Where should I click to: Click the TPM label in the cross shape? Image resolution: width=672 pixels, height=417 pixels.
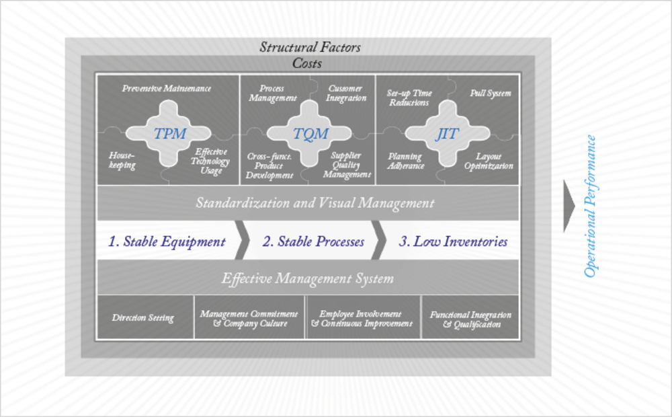pyautogui.click(x=170, y=133)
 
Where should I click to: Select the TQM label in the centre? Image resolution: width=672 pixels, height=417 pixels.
pyautogui.click(x=310, y=133)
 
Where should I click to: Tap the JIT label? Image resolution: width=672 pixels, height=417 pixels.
pyautogui.click(x=448, y=133)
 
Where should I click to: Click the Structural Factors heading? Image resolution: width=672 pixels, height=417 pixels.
pyautogui.click(x=310, y=47)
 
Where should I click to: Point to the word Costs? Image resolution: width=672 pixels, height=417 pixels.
pyautogui.click(x=307, y=63)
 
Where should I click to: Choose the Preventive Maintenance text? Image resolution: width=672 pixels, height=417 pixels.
pyautogui.click(x=166, y=88)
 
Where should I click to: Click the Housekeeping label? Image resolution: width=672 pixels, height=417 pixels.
pyautogui.click(x=122, y=160)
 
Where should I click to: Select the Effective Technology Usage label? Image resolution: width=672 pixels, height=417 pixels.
pyautogui.click(x=210, y=161)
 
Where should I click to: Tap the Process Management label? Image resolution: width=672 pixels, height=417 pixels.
pyautogui.click(x=272, y=93)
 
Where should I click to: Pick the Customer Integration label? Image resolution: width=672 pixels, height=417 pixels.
pyautogui.click(x=346, y=93)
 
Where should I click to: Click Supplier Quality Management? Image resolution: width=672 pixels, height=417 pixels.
pyautogui.click(x=346, y=165)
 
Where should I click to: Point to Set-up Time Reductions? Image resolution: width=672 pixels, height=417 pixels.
pyautogui.click(x=409, y=98)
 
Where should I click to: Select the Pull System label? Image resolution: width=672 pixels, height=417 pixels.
pyautogui.click(x=491, y=93)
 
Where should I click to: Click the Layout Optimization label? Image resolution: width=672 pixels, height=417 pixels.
pyautogui.click(x=489, y=161)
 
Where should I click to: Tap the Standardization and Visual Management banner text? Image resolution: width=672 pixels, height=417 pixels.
pyautogui.click(x=315, y=202)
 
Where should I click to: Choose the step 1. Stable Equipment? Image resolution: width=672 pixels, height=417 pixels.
pyautogui.click(x=167, y=241)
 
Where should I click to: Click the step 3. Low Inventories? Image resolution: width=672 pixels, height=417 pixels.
pyautogui.click(x=453, y=241)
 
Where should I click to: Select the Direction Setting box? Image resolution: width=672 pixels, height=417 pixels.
pyautogui.click(x=145, y=317)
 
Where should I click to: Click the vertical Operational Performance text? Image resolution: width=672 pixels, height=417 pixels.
pyautogui.click(x=590, y=206)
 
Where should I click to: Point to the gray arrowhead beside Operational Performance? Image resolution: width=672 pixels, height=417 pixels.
pyautogui.click(x=569, y=206)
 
